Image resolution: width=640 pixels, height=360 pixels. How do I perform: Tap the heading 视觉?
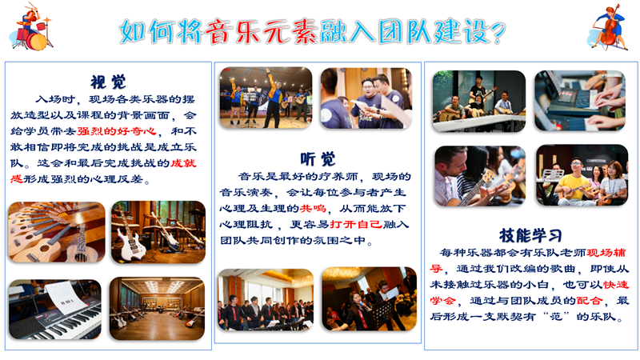tap(108, 82)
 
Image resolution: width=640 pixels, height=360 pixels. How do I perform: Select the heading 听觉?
tap(318, 158)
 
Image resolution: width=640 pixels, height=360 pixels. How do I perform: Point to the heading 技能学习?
tap(530, 235)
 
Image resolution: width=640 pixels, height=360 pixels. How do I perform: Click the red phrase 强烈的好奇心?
tap(117, 131)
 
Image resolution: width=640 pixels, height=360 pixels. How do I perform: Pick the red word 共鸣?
tap(313, 209)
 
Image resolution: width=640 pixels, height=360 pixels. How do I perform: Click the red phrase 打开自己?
tap(356, 225)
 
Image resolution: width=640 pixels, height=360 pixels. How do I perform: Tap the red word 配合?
tap(589, 301)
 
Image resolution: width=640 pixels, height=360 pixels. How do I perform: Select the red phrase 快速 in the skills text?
tap(616, 285)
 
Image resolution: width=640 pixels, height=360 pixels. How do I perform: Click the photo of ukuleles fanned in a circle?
tap(57, 232)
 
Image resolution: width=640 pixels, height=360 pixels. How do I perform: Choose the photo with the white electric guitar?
tap(158, 232)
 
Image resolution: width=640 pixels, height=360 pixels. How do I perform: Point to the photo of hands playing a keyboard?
tap(579, 101)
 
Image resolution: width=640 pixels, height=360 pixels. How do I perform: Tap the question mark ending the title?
tap(498, 33)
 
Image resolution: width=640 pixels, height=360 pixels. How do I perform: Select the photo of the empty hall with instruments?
tap(157, 309)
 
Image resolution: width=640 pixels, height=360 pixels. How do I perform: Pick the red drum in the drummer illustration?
tap(37, 42)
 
